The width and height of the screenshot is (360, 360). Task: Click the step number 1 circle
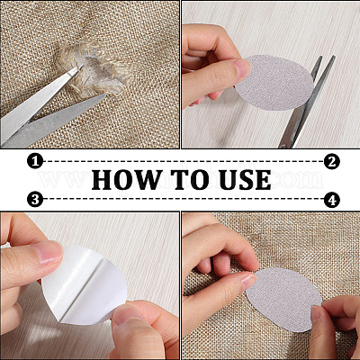tap(35, 161)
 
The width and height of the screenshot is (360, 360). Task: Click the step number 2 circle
tap(332, 161)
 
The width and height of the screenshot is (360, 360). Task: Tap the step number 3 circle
tap(35, 199)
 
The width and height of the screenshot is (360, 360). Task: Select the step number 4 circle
tap(332, 199)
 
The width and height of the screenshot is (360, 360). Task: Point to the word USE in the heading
tap(245, 180)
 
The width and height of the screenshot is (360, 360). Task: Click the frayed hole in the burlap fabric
tap(95, 70)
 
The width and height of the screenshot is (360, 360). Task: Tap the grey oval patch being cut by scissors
tap(276, 83)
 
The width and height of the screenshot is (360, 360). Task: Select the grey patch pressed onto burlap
tap(283, 300)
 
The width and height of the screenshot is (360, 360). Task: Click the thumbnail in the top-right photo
tap(242, 68)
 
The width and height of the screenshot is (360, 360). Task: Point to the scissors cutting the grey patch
tap(306, 102)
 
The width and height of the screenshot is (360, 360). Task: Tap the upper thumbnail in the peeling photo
tap(48, 253)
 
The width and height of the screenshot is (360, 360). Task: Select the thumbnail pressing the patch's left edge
tap(250, 282)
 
